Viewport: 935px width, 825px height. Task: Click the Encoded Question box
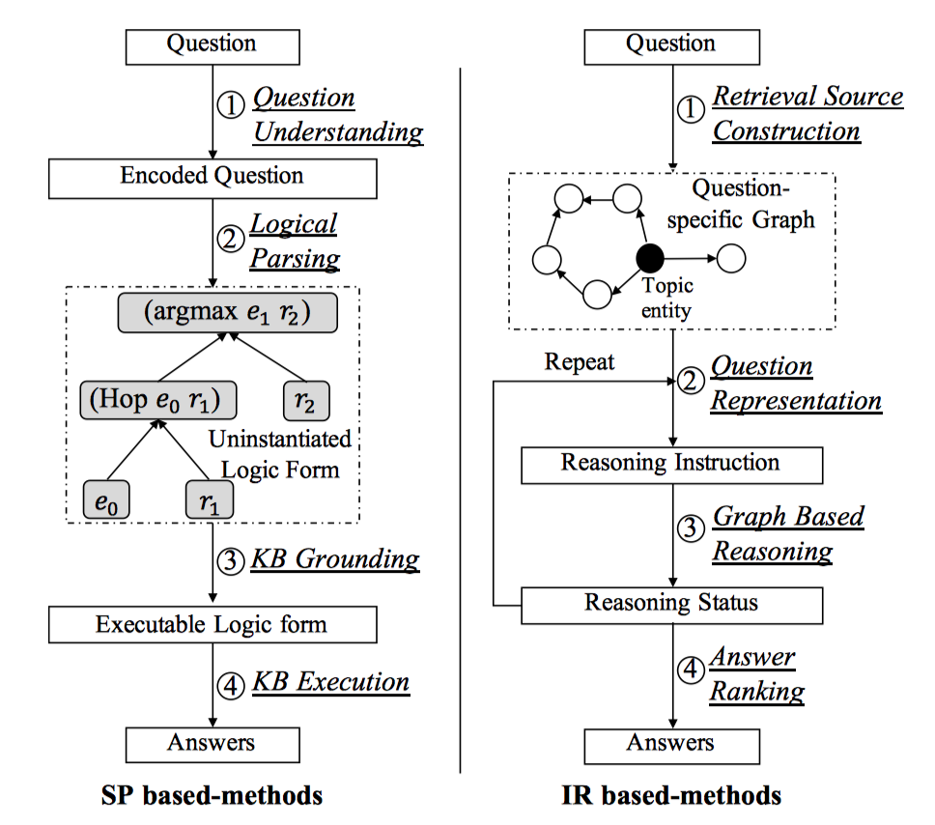click(212, 176)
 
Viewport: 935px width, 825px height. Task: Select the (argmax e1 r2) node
click(229, 312)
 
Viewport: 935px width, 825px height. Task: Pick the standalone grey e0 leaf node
click(106, 499)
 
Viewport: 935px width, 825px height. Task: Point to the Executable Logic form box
click(212, 624)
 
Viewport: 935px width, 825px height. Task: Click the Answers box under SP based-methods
click(212, 743)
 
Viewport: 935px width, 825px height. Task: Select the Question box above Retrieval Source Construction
click(671, 44)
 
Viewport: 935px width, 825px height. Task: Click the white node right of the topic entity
click(731, 258)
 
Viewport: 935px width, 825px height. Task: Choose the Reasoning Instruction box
click(671, 463)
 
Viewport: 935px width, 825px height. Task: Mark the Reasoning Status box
click(671, 604)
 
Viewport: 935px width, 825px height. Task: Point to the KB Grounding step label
click(335, 559)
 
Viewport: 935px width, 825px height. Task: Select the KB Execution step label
click(330, 682)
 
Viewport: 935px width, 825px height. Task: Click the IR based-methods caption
click(671, 796)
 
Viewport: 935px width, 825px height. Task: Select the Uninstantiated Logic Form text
click(280, 454)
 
